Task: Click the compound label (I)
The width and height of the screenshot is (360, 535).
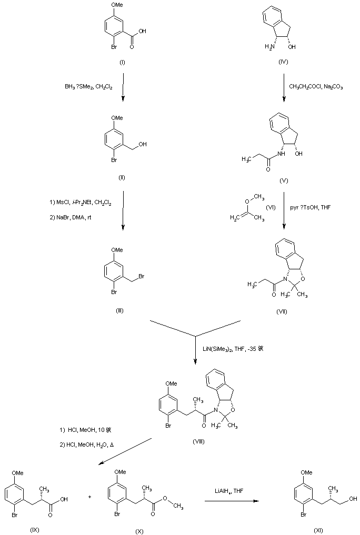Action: [122, 63]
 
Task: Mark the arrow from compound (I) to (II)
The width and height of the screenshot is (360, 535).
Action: [123, 87]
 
